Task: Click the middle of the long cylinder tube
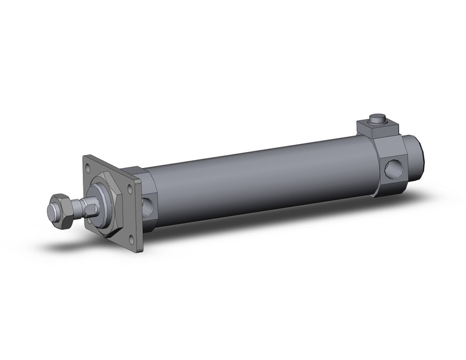tap(258, 178)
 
